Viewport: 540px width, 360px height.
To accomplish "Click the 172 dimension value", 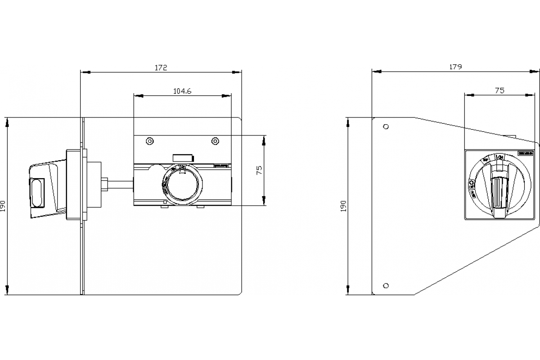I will pyautogui.click(x=161, y=67).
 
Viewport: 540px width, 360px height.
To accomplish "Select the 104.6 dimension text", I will pyautogui.click(x=182, y=91).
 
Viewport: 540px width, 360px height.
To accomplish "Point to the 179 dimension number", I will pyautogui.click(x=456, y=67).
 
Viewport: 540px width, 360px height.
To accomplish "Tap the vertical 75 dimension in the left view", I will pyautogui.click(x=260, y=170).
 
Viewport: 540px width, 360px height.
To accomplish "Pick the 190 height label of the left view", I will pyautogui.click(x=4, y=206).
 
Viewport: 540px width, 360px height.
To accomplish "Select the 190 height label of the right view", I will pyautogui.click(x=345, y=206).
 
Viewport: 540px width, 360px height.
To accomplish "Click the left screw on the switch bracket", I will pyautogui.click(x=149, y=141).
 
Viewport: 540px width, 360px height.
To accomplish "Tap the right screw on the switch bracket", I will pyautogui.click(x=215, y=141).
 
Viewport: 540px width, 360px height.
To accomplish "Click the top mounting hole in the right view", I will pyautogui.click(x=386, y=126).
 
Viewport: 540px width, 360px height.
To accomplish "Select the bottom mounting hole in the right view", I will pyautogui.click(x=386, y=285).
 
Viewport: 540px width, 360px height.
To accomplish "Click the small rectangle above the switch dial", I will pyautogui.click(x=183, y=157).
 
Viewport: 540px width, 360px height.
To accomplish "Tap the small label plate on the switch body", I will pyautogui.click(x=221, y=166).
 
